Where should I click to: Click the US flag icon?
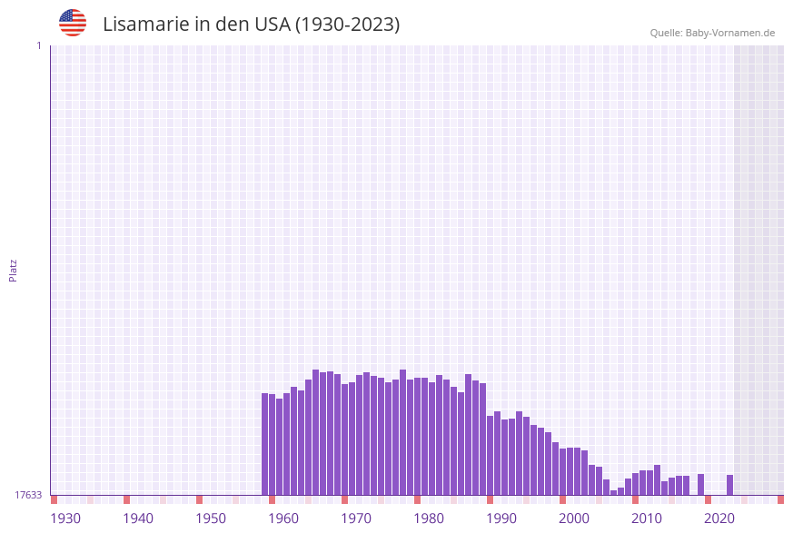tap(73, 23)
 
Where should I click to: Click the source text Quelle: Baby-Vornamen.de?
tap(712, 33)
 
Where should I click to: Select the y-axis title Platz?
tap(14, 270)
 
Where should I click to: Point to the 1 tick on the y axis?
tap(38, 45)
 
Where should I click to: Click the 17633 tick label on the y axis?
tap(28, 495)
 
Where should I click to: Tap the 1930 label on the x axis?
tap(65, 518)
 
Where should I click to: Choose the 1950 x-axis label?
tap(211, 518)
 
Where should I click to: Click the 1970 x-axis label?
tap(356, 518)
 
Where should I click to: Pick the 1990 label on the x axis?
tap(501, 518)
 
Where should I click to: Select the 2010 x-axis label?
tap(647, 518)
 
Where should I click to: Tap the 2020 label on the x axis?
tap(719, 518)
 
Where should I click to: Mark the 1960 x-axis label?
tap(283, 518)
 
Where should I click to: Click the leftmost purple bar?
tap(265, 444)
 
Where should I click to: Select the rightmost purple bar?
tap(729, 485)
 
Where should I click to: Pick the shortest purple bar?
tap(614, 492)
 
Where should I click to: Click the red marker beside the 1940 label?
tap(126, 499)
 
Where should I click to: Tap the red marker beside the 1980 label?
tap(417, 499)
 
